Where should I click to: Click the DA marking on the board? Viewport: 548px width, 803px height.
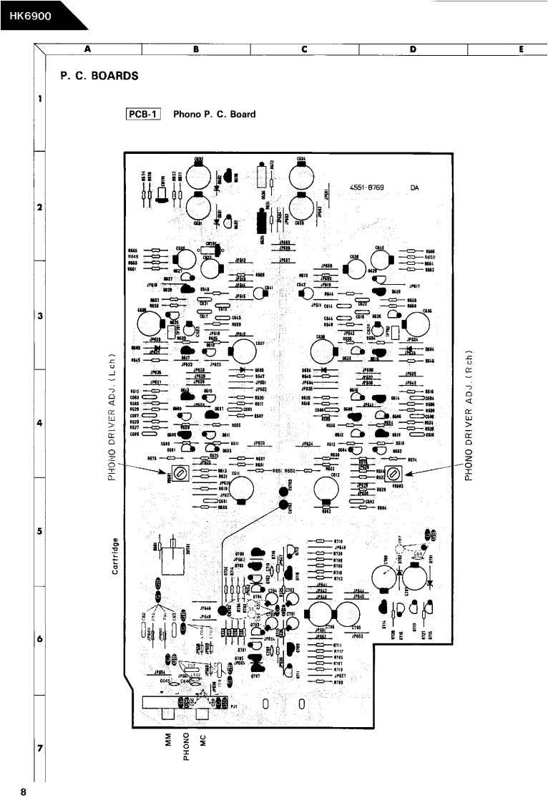(414, 188)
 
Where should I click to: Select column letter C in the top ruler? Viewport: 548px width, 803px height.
(305, 49)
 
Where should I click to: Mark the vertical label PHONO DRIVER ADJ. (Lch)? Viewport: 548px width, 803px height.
(113, 415)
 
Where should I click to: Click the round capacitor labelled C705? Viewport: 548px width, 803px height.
(350, 616)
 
